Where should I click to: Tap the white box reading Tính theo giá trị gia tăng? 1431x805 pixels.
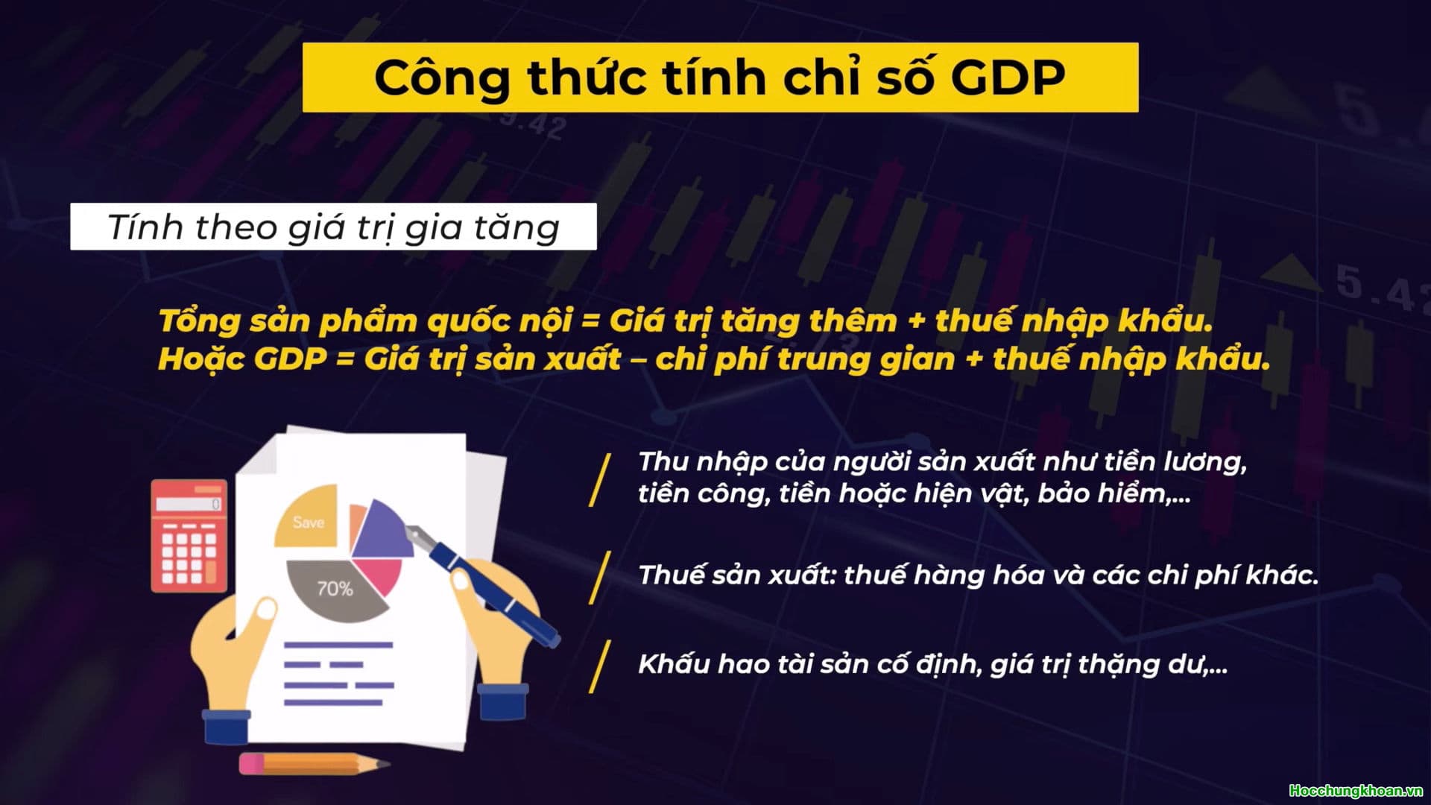(333, 227)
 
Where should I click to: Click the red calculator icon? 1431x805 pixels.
(189, 537)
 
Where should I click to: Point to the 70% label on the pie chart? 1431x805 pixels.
(335, 590)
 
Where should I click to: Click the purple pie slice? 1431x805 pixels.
(380, 531)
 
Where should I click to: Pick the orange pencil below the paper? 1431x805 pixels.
(313, 764)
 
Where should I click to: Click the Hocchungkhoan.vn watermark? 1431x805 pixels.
(1356, 791)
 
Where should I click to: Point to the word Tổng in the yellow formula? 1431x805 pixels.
(190, 321)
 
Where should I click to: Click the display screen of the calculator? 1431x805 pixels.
(189, 504)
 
